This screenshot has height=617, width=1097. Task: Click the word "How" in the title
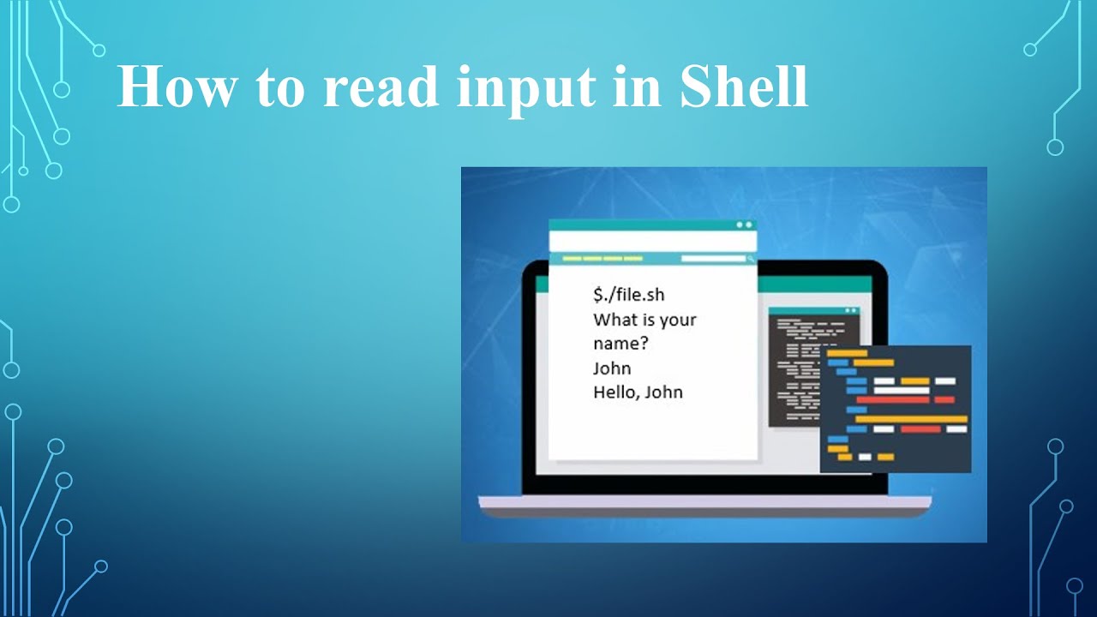[174, 86]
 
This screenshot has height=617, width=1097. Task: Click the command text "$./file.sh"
[628, 295]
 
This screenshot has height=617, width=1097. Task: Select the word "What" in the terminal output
[614, 320]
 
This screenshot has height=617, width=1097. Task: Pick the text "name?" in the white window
[620, 344]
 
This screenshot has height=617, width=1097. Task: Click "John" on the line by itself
[612, 368]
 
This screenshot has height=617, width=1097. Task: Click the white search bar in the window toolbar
[712, 258]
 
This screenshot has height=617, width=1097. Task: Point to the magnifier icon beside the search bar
[751, 258]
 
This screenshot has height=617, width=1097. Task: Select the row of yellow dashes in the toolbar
[602, 258]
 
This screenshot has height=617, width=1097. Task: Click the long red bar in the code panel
[892, 399]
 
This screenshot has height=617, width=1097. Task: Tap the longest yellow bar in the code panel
[911, 419]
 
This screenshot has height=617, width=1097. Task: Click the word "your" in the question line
[678, 320]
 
